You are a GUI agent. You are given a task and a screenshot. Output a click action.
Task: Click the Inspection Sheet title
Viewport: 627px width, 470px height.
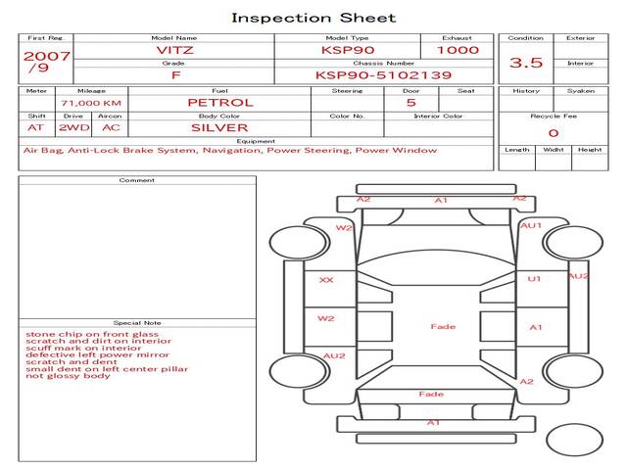point(313,18)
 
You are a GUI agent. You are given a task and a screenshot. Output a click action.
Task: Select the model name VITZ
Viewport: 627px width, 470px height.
point(174,50)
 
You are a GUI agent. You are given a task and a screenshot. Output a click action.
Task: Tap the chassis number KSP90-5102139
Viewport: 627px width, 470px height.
point(383,75)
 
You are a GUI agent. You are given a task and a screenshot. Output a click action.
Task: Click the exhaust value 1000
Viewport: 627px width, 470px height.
point(458,50)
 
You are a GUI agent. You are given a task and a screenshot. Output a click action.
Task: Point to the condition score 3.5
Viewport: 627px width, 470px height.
point(526,63)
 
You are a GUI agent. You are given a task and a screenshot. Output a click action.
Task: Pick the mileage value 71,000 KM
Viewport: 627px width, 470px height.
point(91,103)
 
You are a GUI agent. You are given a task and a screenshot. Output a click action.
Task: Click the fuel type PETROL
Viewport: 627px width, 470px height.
point(220,103)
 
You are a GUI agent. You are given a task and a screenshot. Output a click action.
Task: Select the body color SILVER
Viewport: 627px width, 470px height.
point(219,128)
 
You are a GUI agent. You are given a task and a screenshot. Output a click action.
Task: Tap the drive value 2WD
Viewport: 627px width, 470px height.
point(74,128)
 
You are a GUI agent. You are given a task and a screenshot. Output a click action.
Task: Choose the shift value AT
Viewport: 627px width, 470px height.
point(35,128)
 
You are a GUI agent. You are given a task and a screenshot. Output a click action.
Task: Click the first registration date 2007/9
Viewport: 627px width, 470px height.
point(46,62)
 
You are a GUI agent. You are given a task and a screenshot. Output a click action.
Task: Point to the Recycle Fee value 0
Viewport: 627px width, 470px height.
point(554,133)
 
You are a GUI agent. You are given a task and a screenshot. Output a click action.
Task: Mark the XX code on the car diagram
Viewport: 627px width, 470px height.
point(326,280)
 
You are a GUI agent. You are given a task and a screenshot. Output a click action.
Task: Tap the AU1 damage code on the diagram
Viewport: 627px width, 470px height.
point(531,225)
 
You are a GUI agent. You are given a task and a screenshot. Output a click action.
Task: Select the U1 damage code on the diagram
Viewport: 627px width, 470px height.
point(534,278)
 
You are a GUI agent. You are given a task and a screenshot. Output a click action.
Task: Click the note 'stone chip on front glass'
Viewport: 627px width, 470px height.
point(92,334)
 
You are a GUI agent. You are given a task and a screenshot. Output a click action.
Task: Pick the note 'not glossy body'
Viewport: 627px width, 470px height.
point(68,376)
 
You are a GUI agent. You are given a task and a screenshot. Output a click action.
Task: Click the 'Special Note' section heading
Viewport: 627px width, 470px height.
point(137,323)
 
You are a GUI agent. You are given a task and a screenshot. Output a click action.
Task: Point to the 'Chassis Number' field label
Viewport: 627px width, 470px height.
point(384,63)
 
